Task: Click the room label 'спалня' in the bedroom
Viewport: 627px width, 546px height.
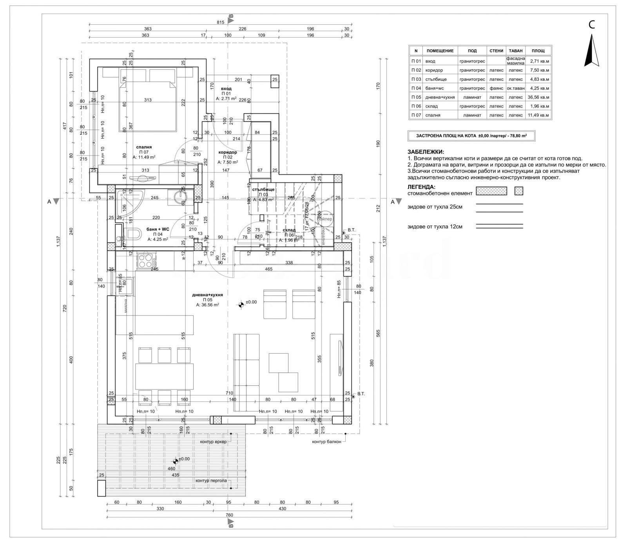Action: [144, 147]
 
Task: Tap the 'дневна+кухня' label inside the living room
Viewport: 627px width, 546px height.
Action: [207, 295]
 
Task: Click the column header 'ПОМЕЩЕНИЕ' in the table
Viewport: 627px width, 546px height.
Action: [440, 51]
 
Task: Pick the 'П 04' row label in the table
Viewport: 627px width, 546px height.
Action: [416, 88]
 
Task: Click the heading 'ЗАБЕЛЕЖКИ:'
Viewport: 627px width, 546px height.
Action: [426, 152]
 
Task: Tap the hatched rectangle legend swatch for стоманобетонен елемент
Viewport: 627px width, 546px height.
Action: [491, 191]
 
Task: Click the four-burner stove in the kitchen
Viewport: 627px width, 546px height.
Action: [145, 261]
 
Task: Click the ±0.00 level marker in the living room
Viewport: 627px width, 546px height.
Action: [240, 304]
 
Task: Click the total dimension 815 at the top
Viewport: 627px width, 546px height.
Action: [220, 22]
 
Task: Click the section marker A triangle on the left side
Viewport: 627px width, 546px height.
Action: [56, 201]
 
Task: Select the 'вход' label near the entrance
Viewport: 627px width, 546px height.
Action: [226, 89]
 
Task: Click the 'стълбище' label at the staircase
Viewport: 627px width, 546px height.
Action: [263, 190]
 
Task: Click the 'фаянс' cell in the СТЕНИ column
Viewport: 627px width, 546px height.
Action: [496, 88]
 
